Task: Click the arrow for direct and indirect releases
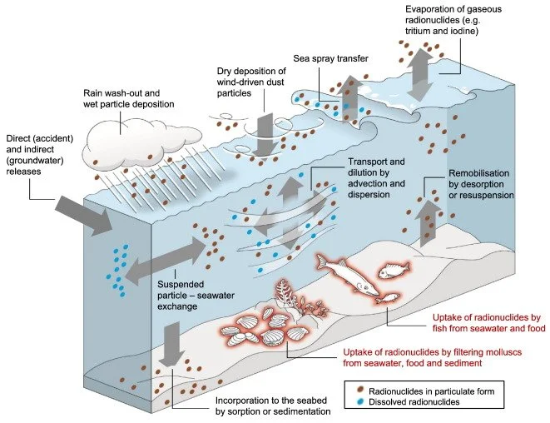pos(84,216)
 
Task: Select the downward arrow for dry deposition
pos(263,134)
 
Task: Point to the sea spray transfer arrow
pos(349,98)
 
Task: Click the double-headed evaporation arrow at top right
pos(420,74)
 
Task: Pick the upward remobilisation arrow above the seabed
pos(427,223)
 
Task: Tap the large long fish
pos(346,275)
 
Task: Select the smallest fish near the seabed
pos(388,299)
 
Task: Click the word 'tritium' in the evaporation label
pos(418,31)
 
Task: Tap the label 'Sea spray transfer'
pos(330,58)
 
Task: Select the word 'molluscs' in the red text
pos(501,351)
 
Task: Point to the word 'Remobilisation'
pos(478,173)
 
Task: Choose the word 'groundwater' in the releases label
pos(35,161)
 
